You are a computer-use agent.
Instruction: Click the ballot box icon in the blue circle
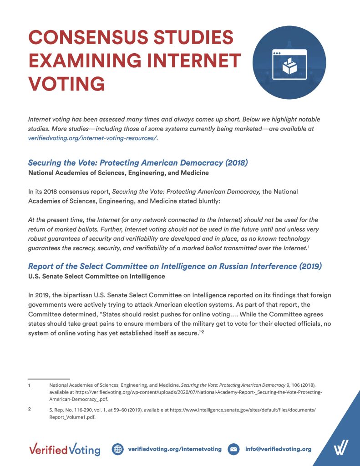click(x=289, y=65)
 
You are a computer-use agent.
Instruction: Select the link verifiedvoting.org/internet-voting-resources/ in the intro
click(x=92, y=138)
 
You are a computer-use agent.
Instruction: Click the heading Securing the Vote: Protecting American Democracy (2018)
click(x=138, y=162)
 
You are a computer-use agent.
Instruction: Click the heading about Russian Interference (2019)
click(x=175, y=266)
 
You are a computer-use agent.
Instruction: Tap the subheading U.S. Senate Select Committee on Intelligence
click(x=96, y=276)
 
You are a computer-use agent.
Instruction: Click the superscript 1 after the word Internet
click(x=309, y=246)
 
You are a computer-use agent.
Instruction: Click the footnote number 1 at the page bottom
click(x=30, y=385)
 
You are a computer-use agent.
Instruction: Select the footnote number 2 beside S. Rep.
click(x=30, y=409)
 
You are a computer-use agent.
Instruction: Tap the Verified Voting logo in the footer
click(x=64, y=449)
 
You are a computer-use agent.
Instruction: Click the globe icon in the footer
click(x=117, y=449)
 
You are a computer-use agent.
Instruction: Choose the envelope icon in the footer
click(x=233, y=449)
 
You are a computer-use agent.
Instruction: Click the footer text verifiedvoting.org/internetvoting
click(x=175, y=449)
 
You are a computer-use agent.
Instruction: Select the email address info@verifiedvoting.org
click(x=278, y=449)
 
